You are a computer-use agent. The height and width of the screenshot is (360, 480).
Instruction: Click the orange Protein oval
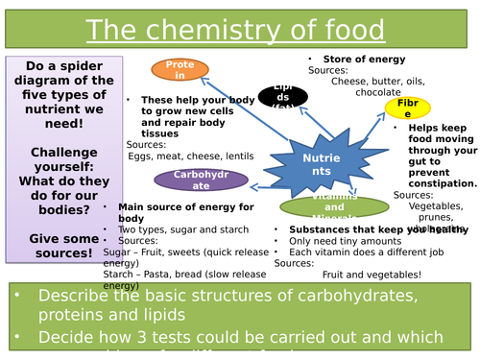(180, 69)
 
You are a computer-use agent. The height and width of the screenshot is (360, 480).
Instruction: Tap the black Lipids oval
(282, 95)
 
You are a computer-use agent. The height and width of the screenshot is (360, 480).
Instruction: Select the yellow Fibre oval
(407, 108)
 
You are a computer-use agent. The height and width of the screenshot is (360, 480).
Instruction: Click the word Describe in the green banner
(74, 300)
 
